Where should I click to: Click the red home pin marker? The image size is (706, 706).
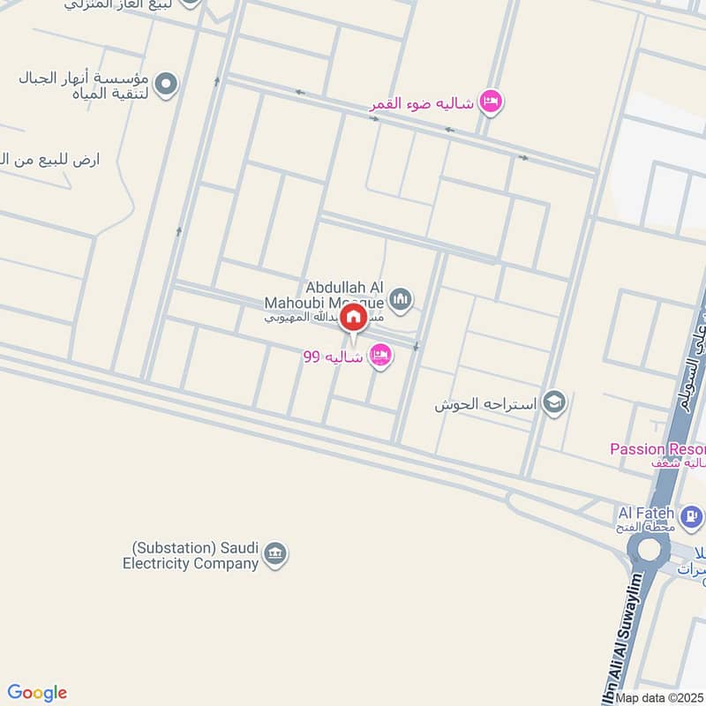click(x=353, y=319)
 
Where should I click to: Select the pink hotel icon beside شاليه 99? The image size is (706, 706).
click(x=380, y=355)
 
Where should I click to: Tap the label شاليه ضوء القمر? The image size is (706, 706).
click(x=422, y=103)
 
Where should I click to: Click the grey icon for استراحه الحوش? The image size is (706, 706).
click(x=554, y=402)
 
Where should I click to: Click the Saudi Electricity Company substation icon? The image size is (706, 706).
click(x=275, y=554)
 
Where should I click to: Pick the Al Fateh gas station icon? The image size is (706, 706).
click(x=693, y=514)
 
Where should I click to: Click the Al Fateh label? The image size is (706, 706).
click(x=646, y=513)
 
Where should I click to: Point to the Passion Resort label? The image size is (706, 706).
click(x=657, y=449)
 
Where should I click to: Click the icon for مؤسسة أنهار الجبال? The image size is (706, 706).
click(x=165, y=85)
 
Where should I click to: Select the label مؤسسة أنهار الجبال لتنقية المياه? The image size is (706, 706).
click(x=84, y=86)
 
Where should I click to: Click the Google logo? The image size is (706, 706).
click(x=37, y=693)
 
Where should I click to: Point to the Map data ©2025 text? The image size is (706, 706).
click(x=659, y=697)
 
